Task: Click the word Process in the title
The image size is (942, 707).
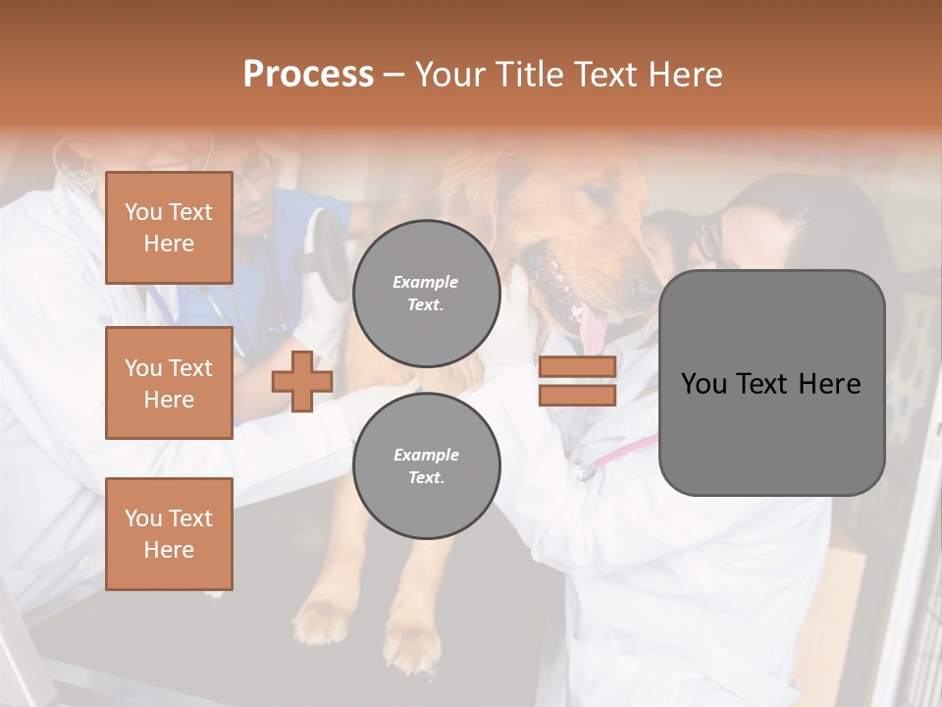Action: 308,75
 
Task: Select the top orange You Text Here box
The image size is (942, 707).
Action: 169,228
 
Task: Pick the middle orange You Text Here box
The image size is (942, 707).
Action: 169,383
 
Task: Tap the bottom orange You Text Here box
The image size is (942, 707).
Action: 169,533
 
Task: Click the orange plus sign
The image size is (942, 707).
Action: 302,381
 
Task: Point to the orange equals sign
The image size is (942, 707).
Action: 577,381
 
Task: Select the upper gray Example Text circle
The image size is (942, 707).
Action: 426,293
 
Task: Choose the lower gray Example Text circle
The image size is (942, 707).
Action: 426,466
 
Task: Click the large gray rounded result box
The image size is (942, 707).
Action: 771,382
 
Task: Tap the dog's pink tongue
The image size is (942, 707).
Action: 592,329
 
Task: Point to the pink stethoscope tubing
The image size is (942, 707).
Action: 628,447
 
